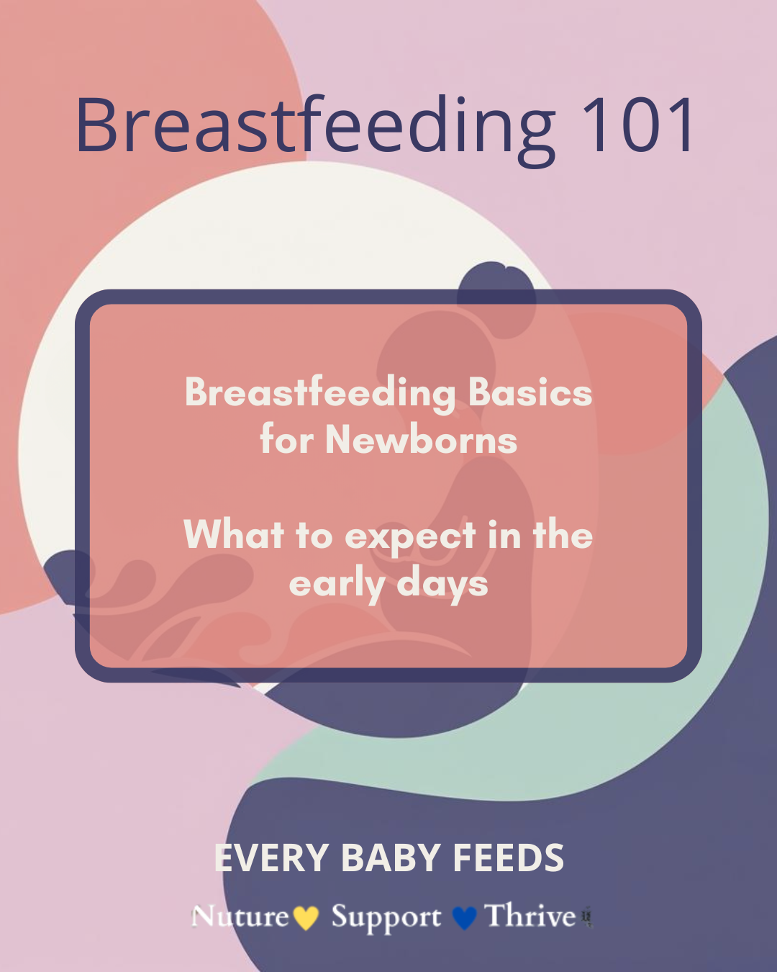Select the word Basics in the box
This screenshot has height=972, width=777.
(x=530, y=392)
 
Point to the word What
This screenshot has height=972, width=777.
(x=234, y=534)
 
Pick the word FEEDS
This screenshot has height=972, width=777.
(x=508, y=858)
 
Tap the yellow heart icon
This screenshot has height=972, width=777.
(x=306, y=918)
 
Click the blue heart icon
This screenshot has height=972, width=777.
(x=464, y=918)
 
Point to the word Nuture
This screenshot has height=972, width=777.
(x=240, y=917)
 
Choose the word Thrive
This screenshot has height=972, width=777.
(x=530, y=916)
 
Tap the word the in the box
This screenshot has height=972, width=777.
(x=563, y=534)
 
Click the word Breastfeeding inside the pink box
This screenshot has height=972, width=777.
(x=320, y=392)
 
